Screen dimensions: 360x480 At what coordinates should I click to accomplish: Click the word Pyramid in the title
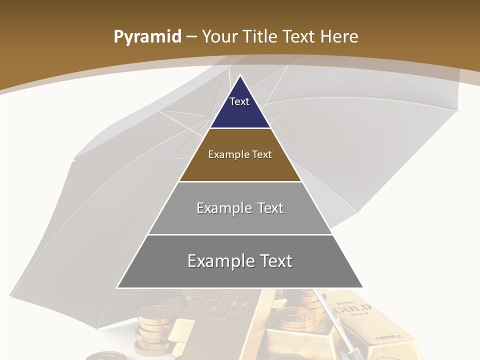[x=147, y=37]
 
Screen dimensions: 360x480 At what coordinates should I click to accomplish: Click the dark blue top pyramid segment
[x=240, y=107]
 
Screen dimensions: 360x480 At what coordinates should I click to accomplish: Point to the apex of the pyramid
[x=240, y=76]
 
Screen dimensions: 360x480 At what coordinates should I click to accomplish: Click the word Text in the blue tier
[x=239, y=101]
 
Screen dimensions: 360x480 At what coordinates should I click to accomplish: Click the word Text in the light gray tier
[x=270, y=208]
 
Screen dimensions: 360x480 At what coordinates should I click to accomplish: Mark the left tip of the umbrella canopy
[x=74, y=160]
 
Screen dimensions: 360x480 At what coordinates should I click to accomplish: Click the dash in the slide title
[x=191, y=37]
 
